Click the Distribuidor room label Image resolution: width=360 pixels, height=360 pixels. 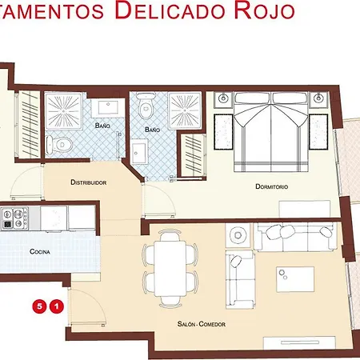point(89,182)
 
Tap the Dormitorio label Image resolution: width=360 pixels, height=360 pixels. point(272,186)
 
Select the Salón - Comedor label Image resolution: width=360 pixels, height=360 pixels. point(202,324)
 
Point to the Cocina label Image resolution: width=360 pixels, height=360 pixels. point(40,251)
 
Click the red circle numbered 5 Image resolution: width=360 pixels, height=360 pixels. point(39,306)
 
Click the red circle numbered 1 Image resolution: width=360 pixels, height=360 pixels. point(57,306)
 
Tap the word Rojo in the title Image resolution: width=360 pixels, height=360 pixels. point(265,11)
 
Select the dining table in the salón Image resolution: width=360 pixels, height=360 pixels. point(170,268)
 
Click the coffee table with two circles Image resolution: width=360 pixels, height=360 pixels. point(295,279)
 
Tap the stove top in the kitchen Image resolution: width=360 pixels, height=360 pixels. point(14,218)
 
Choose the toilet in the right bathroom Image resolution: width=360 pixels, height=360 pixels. point(146,106)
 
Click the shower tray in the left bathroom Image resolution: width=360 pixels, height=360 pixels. point(63,110)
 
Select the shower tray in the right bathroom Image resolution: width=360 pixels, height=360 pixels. point(185,110)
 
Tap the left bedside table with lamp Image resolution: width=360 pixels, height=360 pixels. point(223,99)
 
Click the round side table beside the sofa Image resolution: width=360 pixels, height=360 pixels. point(238,235)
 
